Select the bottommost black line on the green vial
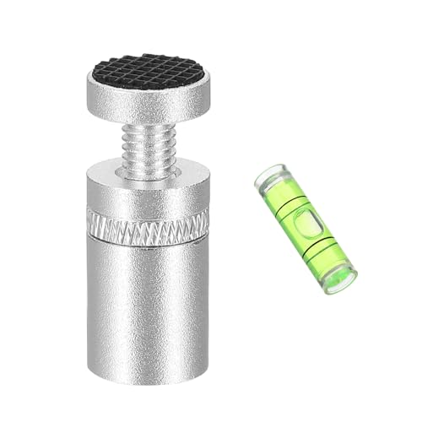tap(325, 255)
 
